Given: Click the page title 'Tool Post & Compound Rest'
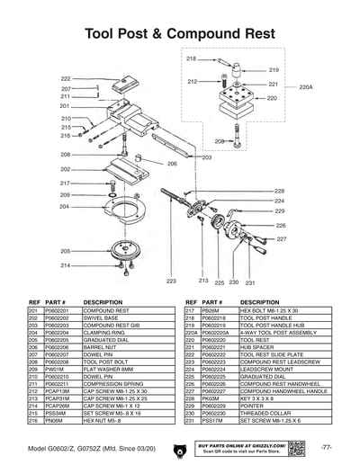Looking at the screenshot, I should pos(180,34).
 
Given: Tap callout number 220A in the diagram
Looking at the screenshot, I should pos(306,88).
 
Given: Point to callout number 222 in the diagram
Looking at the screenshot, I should pos(66,79).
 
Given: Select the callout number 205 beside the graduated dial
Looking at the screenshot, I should pos(66,251).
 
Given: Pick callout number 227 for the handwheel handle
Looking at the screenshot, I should pos(281,239).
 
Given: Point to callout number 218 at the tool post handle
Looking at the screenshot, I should pos(191,58).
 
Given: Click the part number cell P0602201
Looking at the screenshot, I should pos(58,309).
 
